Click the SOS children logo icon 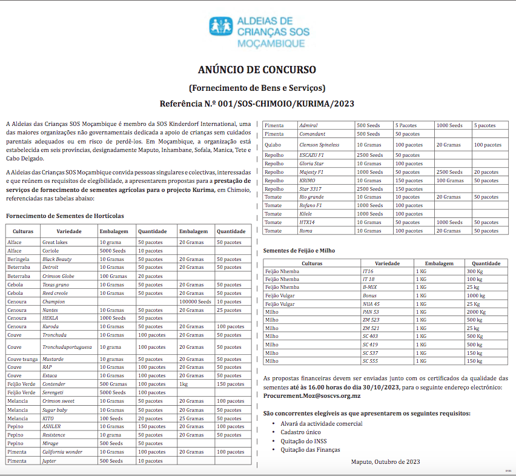click(221, 28)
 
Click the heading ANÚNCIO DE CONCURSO click(257, 70)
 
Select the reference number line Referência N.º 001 click(257, 104)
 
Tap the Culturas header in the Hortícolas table click(22, 231)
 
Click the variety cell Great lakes click(55, 242)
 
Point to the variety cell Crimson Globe click(59, 276)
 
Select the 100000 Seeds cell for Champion click(195, 302)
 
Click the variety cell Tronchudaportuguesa click(67, 348)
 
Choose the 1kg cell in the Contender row click(184, 384)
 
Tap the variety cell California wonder click(62, 452)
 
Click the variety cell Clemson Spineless click(319, 145)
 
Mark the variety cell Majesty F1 click(312, 172)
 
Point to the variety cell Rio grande click(312, 197)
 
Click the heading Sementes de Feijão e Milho click(299, 250)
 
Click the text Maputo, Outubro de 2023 click(385, 461)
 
